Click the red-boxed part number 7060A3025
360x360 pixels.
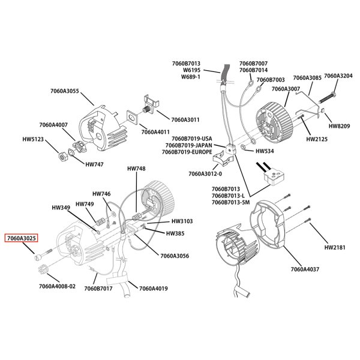click(x=22, y=238)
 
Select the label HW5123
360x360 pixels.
click(x=34, y=139)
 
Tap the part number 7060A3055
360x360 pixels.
click(x=64, y=91)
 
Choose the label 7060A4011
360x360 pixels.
click(x=155, y=132)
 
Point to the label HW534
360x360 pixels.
click(x=265, y=151)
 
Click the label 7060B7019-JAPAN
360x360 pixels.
click(x=187, y=145)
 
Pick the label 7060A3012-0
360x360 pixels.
click(x=205, y=174)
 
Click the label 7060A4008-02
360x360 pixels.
click(x=58, y=286)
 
